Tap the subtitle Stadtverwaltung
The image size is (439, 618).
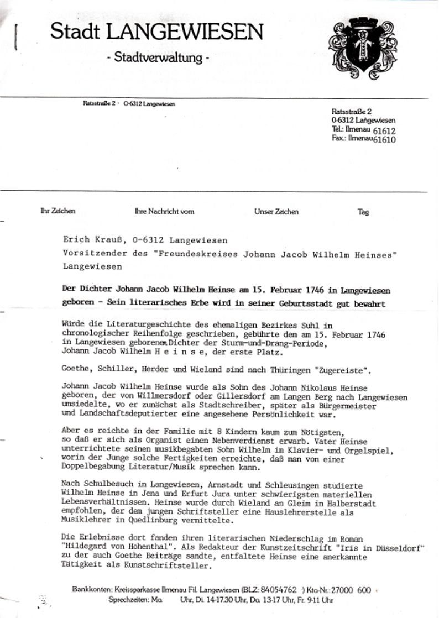pos(158,57)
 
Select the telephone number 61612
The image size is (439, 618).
pos(385,131)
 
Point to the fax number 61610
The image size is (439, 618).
pos(385,140)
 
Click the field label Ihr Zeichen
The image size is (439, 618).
pos(58,211)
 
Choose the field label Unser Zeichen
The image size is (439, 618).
pos(276,212)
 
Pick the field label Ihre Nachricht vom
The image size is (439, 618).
pos(164,212)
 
